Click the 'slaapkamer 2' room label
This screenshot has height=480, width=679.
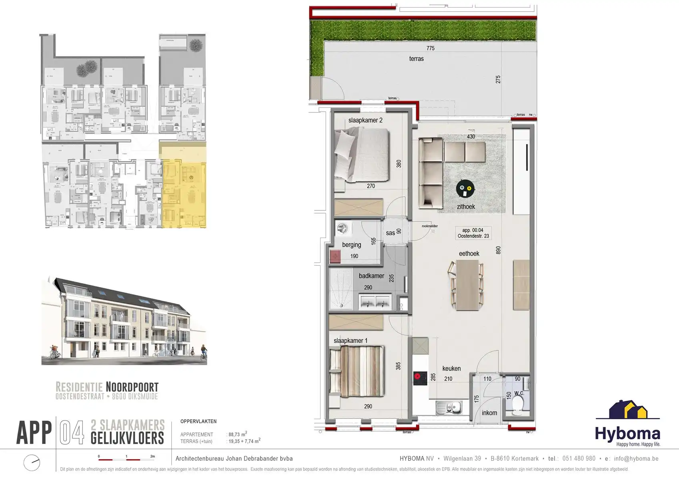(x=365, y=120)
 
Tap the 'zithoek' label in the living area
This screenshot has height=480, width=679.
(x=466, y=207)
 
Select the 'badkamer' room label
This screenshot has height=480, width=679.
(x=371, y=276)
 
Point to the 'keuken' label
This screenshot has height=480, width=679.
(x=451, y=368)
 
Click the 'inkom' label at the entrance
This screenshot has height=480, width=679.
(x=489, y=413)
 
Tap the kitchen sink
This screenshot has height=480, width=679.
(x=449, y=408)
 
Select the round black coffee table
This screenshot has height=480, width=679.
(x=465, y=189)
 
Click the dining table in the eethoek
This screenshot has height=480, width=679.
(x=467, y=284)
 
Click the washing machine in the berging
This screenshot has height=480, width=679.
(x=342, y=228)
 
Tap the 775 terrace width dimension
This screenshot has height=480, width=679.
(x=430, y=48)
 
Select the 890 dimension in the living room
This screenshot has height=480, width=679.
(x=498, y=250)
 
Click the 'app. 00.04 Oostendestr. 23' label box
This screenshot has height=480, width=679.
(x=473, y=233)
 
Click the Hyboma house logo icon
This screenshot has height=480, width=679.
(x=628, y=410)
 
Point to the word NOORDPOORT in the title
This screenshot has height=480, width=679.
(x=132, y=387)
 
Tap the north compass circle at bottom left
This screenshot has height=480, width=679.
(x=32, y=463)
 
